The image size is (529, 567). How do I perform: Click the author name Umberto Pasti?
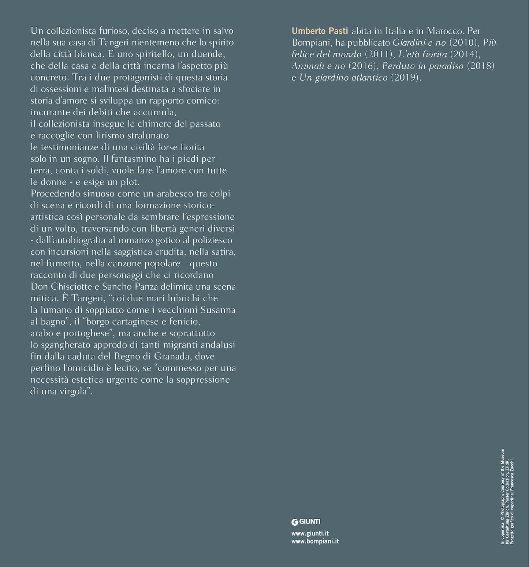[320, 31]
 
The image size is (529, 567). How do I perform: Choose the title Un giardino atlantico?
[343, 78]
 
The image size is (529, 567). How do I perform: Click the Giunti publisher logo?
[306, 522]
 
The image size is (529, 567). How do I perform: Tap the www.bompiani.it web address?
[315, 541]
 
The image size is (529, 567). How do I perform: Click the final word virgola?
[74, 391]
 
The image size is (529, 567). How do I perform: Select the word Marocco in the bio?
[444, 31]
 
